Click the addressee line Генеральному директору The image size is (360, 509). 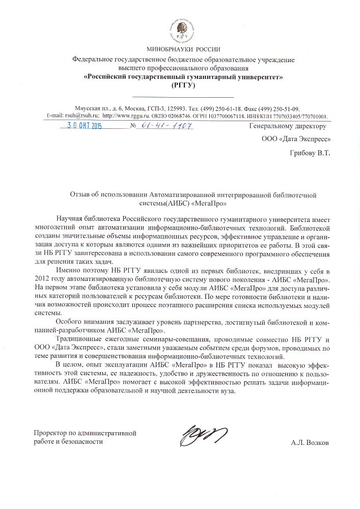click(288, 126)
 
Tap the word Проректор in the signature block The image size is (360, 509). click(50, 433)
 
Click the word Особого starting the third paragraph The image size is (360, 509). click(70, 322)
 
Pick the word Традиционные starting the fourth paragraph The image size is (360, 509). click(78, 339)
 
